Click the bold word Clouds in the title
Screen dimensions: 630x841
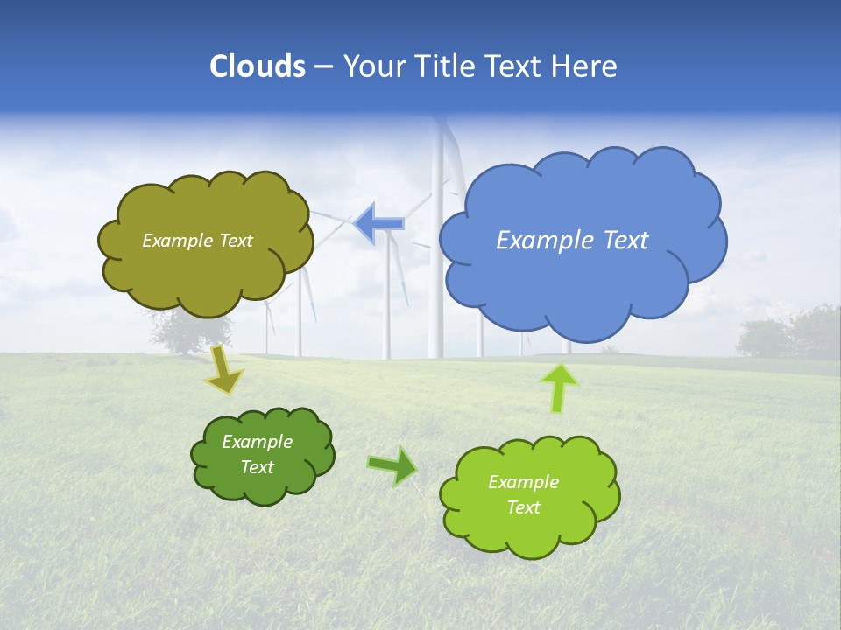tap(258, 66)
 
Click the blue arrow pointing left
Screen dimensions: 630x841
tap(379, 222)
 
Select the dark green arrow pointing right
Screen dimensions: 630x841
tap(392, 465)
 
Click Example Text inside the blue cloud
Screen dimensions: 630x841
tap(572, 241)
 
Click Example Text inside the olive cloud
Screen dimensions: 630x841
tap(197, 241)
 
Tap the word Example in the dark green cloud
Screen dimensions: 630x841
tap(257, 442)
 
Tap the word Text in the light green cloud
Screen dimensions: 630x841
tap(523, 507)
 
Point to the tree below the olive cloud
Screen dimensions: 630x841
tap(188, 332)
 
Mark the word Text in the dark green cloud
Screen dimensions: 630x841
tap(257, 467)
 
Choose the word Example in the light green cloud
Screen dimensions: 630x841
tap(523, 482)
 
